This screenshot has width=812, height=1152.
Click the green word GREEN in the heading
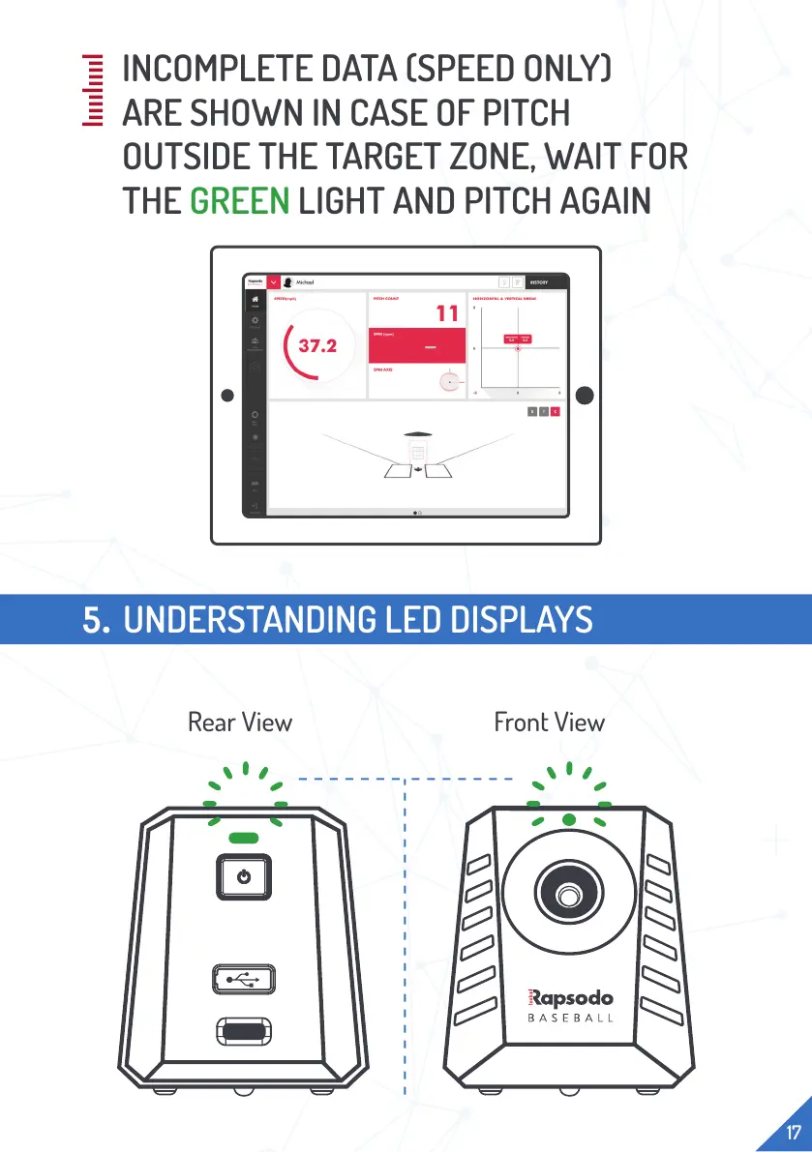[x=239, y=201]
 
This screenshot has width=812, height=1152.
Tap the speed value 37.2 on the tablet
[x=317, y=345]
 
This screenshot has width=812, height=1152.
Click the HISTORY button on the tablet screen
[x=539, y=282]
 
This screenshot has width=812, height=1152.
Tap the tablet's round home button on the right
[x=586, y=395]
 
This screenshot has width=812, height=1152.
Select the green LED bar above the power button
[x=242, y=838]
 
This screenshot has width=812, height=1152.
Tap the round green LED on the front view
[x=569, y=819]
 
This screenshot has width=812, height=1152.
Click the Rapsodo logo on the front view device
[x=569, y=995]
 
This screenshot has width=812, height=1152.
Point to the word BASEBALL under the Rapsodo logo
[x=570, y=1019]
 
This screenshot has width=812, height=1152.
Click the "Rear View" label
[x=240, y=722]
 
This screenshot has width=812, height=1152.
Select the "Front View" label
[x=549, y=722]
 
